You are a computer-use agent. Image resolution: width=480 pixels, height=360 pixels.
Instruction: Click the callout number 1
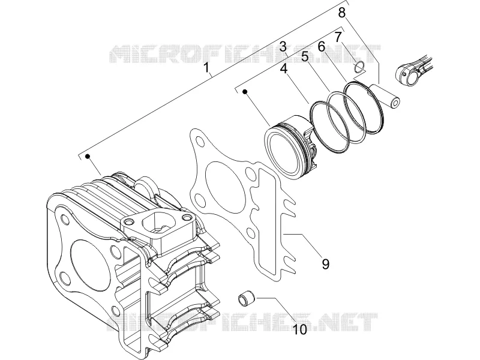[207, 68]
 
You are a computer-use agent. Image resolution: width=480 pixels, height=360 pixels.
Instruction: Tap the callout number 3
[283, 47]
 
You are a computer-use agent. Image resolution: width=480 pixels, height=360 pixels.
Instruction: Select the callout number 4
[284, 68]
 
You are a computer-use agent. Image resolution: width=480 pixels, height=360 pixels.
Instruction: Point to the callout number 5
[305, 56]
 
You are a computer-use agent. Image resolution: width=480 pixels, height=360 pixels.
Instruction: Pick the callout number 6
[321, 47]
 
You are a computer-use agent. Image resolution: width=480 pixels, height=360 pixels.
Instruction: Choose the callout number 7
[338, 37]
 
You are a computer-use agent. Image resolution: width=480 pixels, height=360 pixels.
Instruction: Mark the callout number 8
[342, 13]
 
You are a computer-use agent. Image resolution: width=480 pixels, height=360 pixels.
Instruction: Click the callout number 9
[325, 263]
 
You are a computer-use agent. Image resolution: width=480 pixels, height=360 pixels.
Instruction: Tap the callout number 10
[300, 329]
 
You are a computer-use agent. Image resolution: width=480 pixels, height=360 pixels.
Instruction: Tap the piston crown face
[284, 153]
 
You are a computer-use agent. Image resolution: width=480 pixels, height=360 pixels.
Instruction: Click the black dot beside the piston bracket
[245, 91]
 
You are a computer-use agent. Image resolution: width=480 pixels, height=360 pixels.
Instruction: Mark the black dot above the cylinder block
[88, 156]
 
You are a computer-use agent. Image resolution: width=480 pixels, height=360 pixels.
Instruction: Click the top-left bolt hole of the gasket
[200, 141]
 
